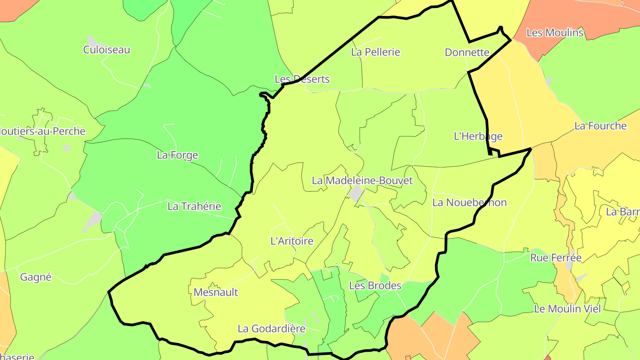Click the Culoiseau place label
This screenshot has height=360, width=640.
pyautogui.click(x=107, y=49)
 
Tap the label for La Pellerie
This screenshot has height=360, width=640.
pyautogui.click(x=376, y=52)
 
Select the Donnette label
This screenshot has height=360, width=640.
pyautogui.click(x=467, y=52)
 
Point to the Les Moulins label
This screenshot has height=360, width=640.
pyautogui.click(x=555, y=32)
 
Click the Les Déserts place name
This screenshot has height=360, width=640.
pyautogui.click(x=302, y=79)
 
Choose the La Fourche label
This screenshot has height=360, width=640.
pyautogui.click(x=600, y=126)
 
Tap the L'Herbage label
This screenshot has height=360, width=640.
pyautogui.click(x=478, y=136)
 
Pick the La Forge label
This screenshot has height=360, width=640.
pyautogui.click(x=177, y=155)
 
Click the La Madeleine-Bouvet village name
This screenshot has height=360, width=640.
pyautogui.click(x=362, y=180)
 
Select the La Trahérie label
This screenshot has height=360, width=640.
pyautogui.click(x=194, y=206)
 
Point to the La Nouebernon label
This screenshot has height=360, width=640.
pyautogui.click(x=469, y=203)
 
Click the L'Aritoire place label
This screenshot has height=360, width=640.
pyautogui.click(x=292, y=241)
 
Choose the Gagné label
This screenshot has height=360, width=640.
pyautogui.click(x=36, y=277)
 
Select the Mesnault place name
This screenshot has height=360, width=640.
pyautogui.click(x=216, y=292)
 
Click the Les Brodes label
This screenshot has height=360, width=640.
pyautogui.click(x=375, y=286)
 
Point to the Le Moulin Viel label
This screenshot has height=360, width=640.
pyautogui.click(x=567, y=309)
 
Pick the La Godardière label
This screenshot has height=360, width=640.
pyautogui.click(x=272, y=329)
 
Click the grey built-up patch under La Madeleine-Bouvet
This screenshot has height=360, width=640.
pyautogui.click(x=356, y=193)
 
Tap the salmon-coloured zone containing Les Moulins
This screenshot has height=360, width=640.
pyautogui.click(x=578, y=18)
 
